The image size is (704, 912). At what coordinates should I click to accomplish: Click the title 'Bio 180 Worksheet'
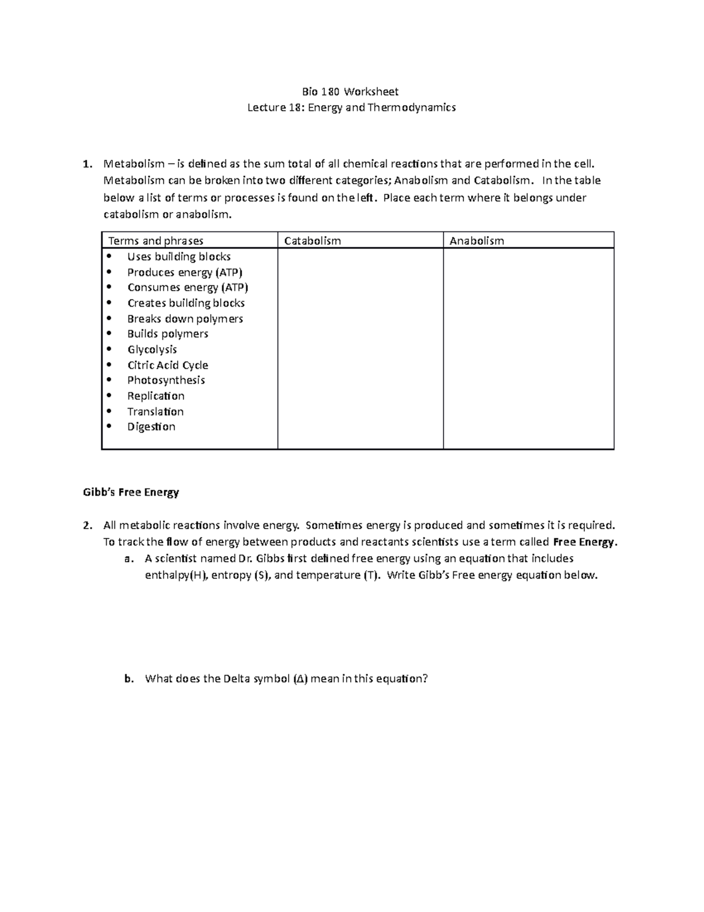[x=350, y=92]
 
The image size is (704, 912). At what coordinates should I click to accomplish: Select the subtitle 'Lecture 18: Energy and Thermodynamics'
[x=351, y=107]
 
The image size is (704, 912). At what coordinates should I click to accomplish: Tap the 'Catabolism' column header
[x=312, y=241]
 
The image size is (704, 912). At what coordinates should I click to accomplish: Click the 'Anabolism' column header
[x=476, y=241]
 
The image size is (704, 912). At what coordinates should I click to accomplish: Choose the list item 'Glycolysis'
[x=152, y=349]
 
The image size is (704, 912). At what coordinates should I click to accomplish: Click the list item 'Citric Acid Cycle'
[x=168, y=365]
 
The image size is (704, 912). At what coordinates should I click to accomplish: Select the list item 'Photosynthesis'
[x=166, y=381]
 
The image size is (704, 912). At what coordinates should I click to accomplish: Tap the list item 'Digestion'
[x=151, y=427]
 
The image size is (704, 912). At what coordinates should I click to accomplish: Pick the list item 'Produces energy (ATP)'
[x=185, y=272]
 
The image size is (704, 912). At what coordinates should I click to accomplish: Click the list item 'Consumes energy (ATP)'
[x=188, y=288]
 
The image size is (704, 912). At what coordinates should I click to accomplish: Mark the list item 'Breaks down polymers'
[x=185, y=319]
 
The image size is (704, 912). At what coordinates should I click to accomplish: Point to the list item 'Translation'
[x=155, y=412]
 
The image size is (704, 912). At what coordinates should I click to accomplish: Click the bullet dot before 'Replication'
[x=109, y=396]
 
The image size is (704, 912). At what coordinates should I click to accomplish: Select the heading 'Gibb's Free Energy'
[x=131, y=492]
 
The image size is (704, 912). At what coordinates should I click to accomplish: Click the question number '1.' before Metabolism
[x=87, y=164]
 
